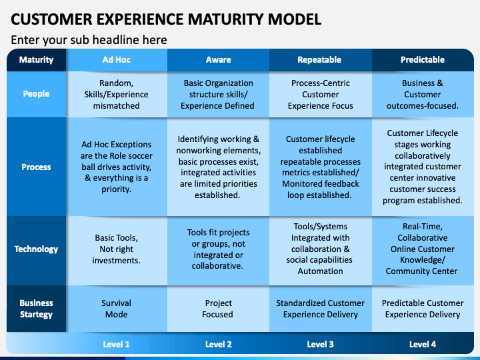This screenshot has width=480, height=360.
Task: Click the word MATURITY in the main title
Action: pos(225,19)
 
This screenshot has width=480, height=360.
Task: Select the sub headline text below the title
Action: pos(89,40)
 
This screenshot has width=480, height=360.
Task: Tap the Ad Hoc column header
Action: pos(116,60)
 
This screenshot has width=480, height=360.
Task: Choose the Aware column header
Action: pos(218,60)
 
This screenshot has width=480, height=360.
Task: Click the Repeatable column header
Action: pos(319,60)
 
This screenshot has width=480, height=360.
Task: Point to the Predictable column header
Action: pos(423,60)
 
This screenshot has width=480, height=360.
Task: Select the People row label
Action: pos(36,94)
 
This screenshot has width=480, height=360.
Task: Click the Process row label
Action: pos(36,167)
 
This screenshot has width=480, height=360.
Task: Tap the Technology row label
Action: pos(36,249)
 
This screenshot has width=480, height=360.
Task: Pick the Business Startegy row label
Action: pos(36,309)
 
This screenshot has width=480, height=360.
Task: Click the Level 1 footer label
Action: pos(116,345)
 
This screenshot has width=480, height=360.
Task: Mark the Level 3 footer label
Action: pos(320,345)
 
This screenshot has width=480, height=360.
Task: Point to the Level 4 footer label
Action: pos(423,345)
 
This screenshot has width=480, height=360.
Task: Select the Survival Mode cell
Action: pos(116,309)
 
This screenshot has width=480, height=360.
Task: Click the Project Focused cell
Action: pos(218,309)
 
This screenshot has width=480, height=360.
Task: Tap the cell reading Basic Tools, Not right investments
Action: pos(116,249)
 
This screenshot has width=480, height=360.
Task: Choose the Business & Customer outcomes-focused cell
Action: pos(423,94)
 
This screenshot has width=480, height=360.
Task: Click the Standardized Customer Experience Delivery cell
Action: pos(320,309)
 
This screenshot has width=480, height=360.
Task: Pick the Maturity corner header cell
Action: pos(36,60)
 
